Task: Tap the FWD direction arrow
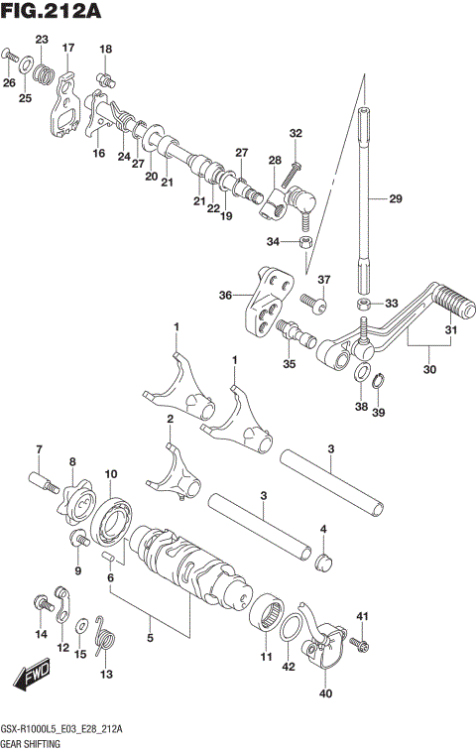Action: [33, 677]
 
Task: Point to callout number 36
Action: [225, 295]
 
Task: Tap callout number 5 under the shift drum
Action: [151, 637]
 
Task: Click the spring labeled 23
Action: [43, 70]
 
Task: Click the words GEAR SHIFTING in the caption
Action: [33, 741]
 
